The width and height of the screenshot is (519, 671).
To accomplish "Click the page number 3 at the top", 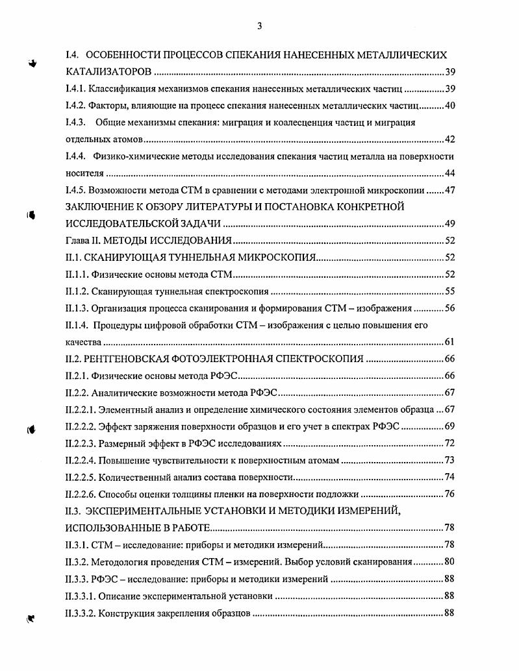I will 259,26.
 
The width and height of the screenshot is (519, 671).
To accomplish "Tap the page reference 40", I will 447,106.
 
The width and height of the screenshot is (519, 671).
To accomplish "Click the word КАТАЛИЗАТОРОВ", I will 109,71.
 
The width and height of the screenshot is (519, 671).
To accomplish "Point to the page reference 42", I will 447,140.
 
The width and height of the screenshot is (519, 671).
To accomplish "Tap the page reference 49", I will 447,224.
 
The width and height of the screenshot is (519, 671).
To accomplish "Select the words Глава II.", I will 84,241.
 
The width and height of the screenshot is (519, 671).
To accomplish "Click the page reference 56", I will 447,308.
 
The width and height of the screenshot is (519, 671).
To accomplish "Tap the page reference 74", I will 447,477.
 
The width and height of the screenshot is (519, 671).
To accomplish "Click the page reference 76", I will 447,494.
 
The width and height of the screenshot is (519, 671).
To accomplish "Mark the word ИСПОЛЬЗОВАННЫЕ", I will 121,528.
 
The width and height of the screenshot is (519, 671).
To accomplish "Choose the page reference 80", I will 447,561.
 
